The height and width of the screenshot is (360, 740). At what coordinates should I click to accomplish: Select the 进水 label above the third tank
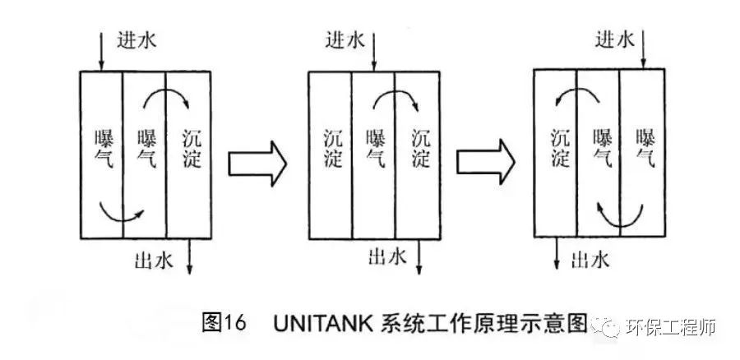tap(615, 39)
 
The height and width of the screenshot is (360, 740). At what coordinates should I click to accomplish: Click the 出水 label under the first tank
tap(153, 261)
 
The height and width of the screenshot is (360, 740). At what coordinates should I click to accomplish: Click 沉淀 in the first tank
tap(189, 148)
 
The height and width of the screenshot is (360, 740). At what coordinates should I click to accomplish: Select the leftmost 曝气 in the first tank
tap(103, 148)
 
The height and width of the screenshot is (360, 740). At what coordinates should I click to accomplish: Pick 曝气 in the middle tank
tap(376, 148)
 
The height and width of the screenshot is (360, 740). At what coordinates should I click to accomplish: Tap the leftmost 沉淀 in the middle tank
tap(331, 148)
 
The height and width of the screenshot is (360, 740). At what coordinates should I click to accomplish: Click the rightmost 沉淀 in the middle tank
tap(419, 148)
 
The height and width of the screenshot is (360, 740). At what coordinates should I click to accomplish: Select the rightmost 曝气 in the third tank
tap(645, 148)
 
